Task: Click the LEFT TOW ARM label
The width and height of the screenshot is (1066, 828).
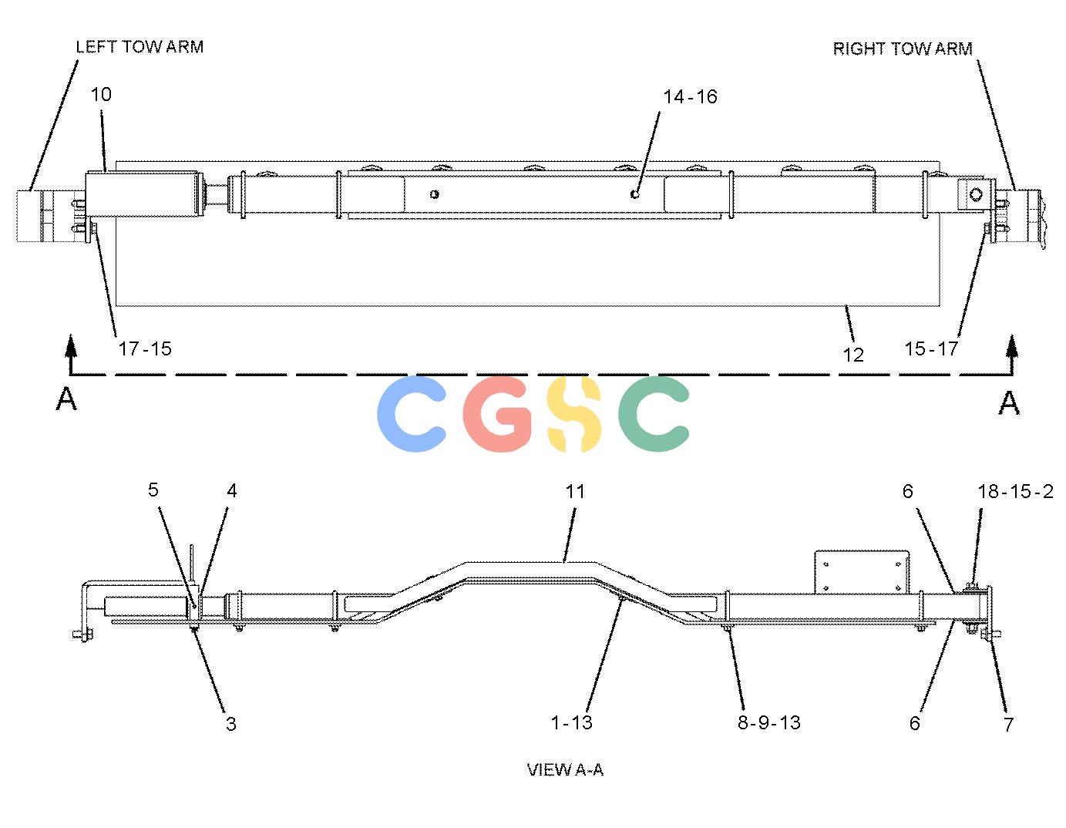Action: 140,46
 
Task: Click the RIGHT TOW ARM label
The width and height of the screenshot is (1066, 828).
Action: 903,49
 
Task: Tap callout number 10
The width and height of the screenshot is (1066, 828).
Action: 101,94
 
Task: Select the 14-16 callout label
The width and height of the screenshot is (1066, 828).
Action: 690,96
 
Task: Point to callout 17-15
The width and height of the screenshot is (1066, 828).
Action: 145,348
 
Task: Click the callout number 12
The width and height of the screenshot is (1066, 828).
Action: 853,355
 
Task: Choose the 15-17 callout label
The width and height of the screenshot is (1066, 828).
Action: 931,348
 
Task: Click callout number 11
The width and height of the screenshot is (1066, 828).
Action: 575,491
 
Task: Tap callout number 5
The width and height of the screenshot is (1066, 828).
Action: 153,490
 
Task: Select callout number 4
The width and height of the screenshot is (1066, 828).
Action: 231,490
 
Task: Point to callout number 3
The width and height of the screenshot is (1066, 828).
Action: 231,724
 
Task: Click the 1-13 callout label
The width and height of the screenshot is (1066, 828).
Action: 571,722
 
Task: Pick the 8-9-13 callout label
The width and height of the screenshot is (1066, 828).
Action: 769,722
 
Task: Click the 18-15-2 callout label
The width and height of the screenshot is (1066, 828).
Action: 1015,492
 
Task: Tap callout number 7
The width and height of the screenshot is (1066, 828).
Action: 1008,725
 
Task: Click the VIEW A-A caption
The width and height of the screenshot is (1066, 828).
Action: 565,769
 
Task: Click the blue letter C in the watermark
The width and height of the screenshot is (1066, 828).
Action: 411,413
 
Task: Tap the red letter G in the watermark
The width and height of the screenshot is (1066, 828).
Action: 497,413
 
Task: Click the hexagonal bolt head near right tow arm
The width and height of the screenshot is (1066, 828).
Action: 976,194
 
